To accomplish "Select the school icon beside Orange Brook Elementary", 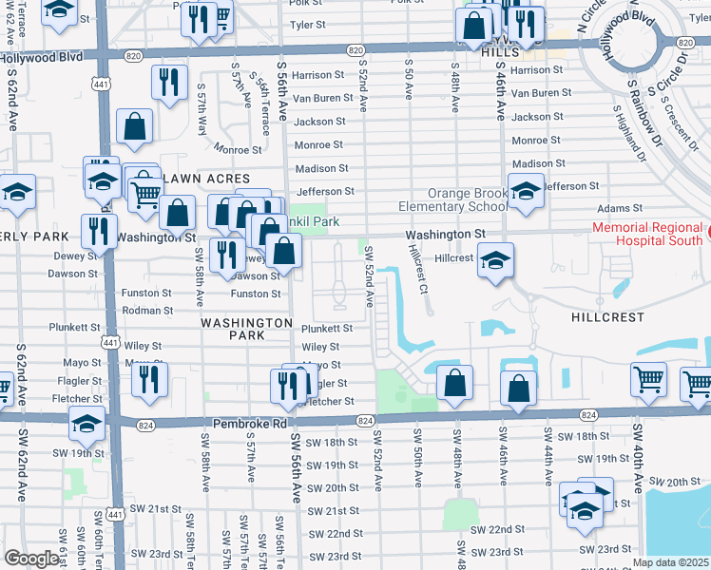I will pyautogui.click(x=526, y=193).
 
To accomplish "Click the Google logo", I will pyautogui.click(x=31, y=559).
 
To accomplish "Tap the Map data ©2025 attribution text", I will pyautogui.click(x=671, y=562).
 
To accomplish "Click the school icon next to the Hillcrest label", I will pyautogui.click(x=495, y=260).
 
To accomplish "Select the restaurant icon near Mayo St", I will pyautogui.click(x=149, y=380).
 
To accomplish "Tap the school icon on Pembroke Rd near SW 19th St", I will pyautogui.click(x=86, y=425).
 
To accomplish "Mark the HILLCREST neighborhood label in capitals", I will pyautogui.click(x=607, y=316).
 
